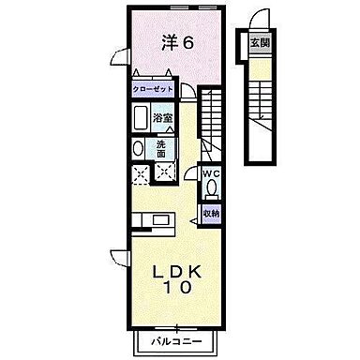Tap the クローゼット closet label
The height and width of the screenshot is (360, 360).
tap(153, 90)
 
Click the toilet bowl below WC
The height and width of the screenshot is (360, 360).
tap(212, 187)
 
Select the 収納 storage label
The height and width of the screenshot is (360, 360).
tap(212, 214)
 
